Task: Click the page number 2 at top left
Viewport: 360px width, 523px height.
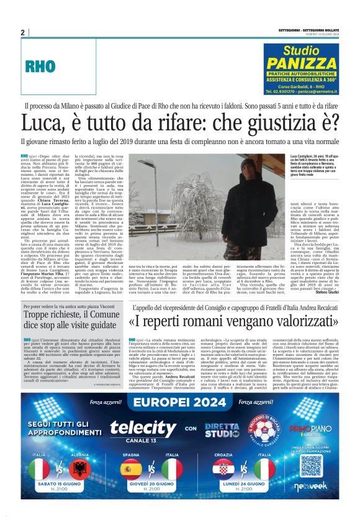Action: pyautogui.click(x=23, y=33)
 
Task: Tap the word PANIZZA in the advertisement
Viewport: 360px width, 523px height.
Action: pyautogui.click(x=302, y=63)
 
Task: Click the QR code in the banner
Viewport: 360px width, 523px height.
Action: pyautogui.click(x=308, y=466)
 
